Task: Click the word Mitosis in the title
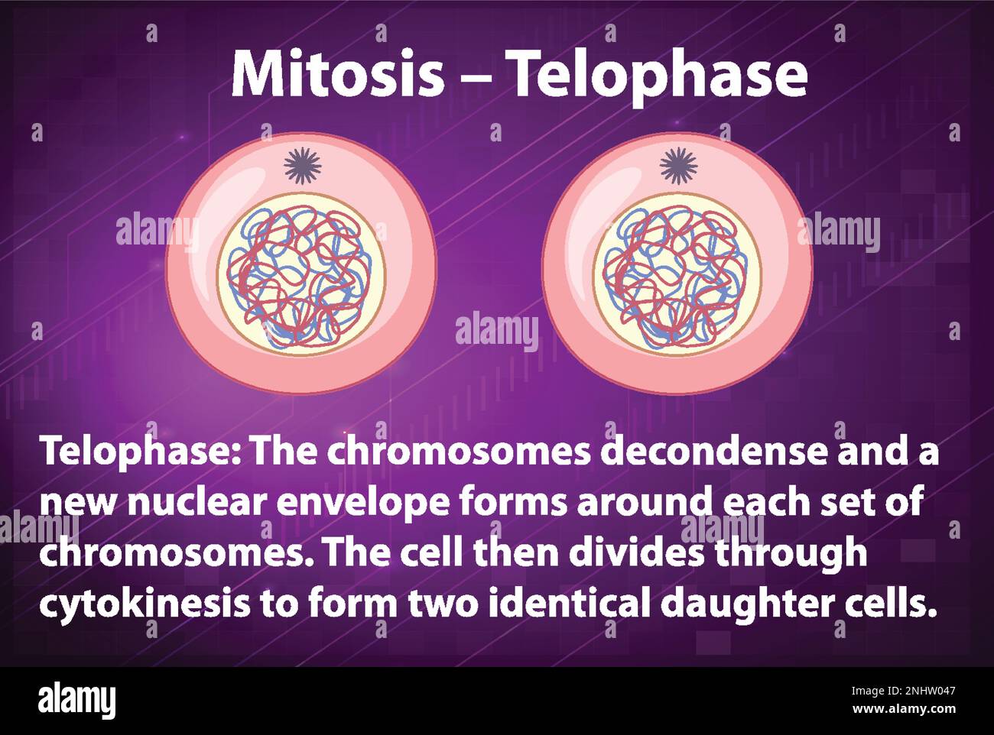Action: (337, 74)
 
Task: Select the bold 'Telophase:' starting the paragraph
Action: (141, 452)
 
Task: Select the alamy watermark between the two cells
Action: (496, 331)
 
